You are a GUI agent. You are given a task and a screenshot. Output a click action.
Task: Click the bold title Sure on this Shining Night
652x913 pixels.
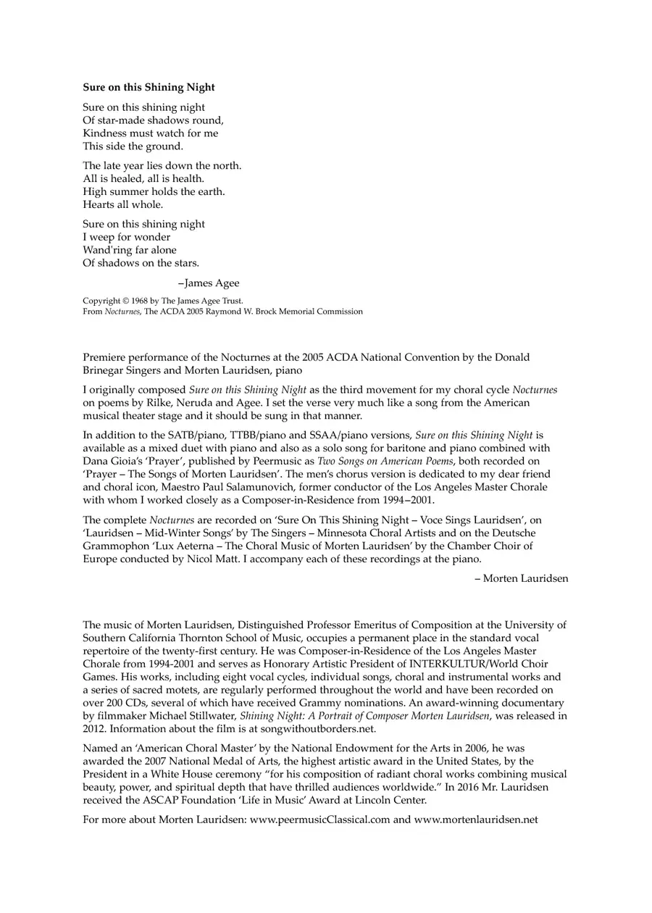(149, 88)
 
